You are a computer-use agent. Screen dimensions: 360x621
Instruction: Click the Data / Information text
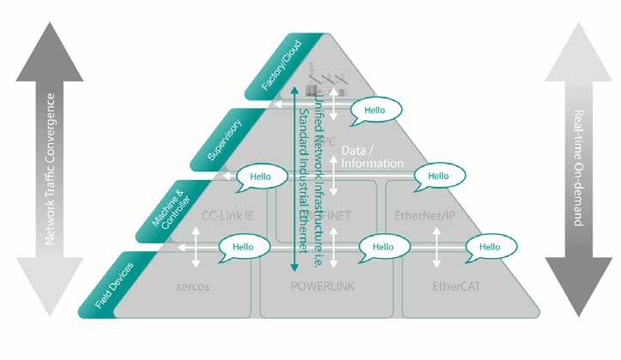coord(371,156)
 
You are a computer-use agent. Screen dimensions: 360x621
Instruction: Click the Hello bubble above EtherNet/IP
coord(438,176)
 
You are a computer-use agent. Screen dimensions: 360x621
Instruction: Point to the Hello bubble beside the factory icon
coord(375,110)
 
